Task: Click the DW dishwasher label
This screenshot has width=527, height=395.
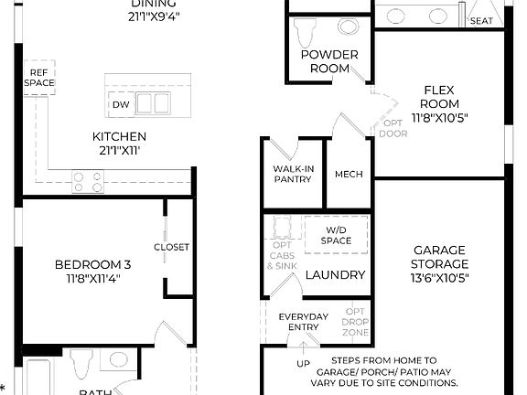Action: point(121,105)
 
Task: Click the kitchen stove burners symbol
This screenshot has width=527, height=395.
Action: point(88,183)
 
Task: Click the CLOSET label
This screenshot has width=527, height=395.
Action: point(172,247)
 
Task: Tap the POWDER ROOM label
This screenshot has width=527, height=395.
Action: point(328,61)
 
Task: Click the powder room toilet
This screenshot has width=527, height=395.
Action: point(307,31)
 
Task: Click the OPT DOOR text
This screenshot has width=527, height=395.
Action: point(393,128)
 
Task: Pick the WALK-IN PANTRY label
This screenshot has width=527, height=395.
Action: point(293,174)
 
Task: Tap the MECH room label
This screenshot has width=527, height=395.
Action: point(349,175)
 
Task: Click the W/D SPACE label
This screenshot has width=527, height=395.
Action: point(336,235)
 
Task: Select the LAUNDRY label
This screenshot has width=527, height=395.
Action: point(335,274)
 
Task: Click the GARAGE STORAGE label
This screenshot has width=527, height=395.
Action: point(439,264)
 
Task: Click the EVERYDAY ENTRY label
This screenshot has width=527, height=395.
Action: point(302,322)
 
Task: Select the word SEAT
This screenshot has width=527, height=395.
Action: point(481,20)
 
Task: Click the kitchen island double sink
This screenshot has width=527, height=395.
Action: point(154,103)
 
